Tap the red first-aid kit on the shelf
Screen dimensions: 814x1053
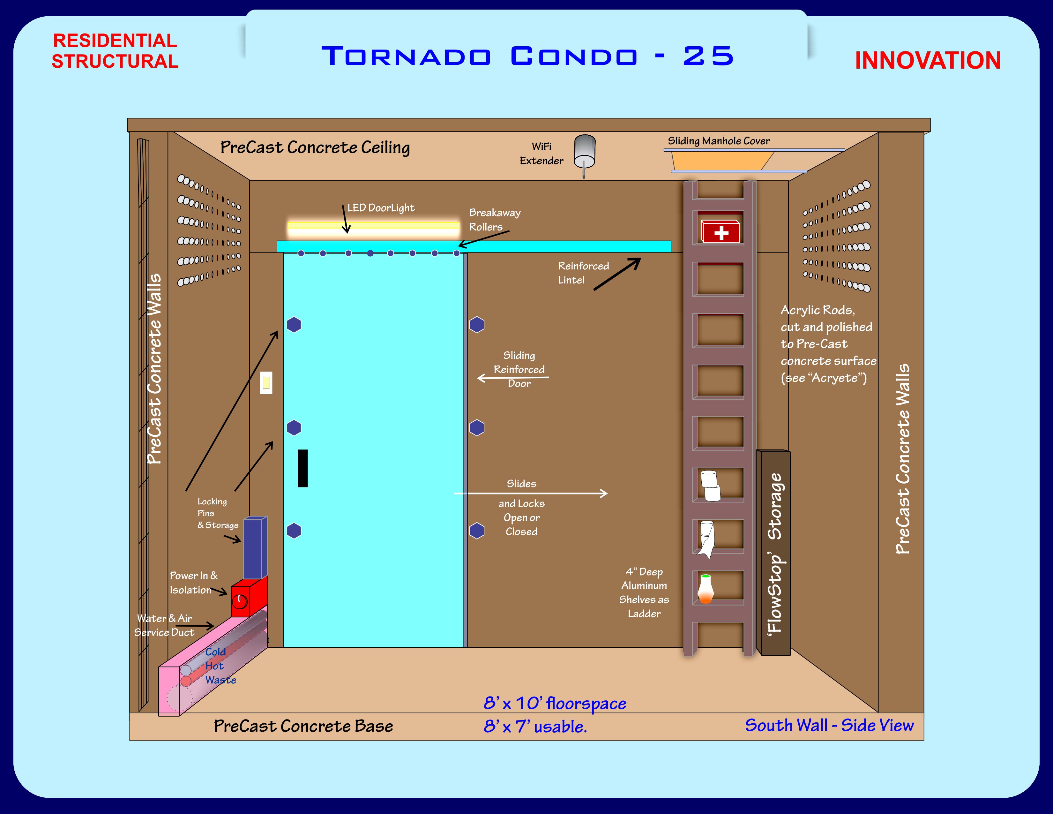coord(720,231)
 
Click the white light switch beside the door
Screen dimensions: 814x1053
coord(266,383)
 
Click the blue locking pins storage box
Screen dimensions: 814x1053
coord(255,548)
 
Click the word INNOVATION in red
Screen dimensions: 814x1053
coord(927,61)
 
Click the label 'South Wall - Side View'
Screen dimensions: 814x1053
coord(829,725)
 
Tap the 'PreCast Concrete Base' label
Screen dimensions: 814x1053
coord(303,726)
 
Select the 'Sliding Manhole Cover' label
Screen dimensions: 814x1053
coord(718,141)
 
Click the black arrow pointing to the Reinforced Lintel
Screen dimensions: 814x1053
coord(617,274)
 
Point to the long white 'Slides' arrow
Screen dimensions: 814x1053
coord(530,493)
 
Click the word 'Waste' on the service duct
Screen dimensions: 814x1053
coord(220,680)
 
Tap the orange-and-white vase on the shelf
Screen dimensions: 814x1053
coord(706,589)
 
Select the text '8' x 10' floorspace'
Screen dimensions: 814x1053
coord(555,704)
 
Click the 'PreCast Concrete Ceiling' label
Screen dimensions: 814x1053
coord(315,147)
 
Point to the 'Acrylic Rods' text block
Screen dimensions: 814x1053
coord(828,344)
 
